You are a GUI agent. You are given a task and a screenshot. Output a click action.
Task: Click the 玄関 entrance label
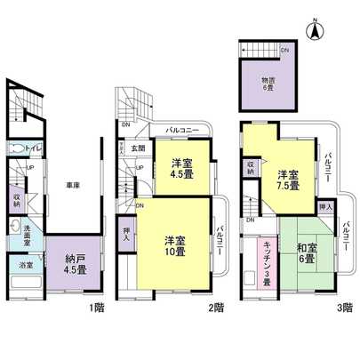139,148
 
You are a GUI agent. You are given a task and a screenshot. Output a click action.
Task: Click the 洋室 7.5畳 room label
287,180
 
